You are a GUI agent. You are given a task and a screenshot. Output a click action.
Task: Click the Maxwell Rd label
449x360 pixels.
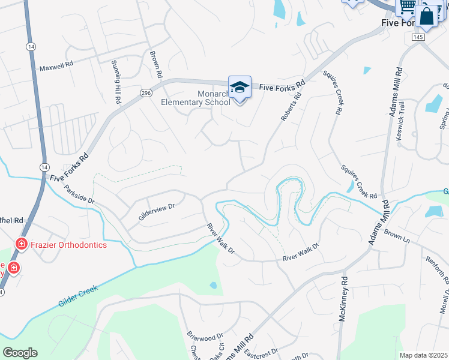(56, 68)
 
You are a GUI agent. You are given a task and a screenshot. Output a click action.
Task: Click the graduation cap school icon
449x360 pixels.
(240, 87)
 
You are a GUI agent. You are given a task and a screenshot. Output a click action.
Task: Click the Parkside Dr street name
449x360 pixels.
(80, 197)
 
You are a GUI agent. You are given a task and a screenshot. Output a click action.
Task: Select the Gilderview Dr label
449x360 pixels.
(156, 212)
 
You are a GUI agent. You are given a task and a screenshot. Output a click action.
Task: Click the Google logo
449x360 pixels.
(20, 353)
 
